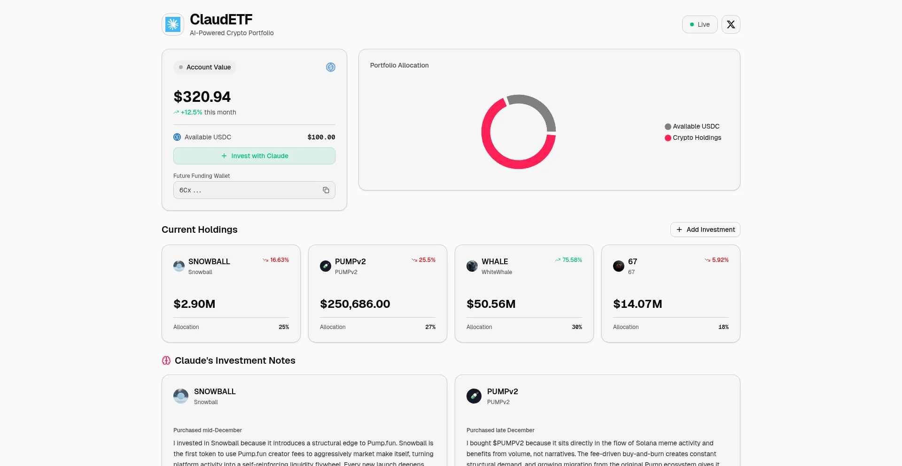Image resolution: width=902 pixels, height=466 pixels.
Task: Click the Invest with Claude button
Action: pos(254,156)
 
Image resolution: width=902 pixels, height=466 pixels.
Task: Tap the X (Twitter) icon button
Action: pos(731,24)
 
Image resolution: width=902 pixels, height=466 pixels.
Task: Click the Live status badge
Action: pos(700,24)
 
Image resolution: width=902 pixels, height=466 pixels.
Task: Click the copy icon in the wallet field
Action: pos(326,190)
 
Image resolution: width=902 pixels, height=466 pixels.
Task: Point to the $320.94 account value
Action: pos(202,97)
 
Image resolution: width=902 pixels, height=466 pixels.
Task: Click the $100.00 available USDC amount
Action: pos(321,137)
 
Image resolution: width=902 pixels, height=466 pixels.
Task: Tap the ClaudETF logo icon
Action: pos(173,24)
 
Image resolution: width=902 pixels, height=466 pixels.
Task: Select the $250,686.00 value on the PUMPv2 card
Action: pos(355,304)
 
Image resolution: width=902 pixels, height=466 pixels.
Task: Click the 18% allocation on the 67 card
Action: pos(723,327)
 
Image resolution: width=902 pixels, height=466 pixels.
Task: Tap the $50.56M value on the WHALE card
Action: pos(491,304)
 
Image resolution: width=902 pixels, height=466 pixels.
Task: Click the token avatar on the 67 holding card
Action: pos(619,266)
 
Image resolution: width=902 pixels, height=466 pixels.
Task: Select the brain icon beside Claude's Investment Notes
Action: pos(166,360)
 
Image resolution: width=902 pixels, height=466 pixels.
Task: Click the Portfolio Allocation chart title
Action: pos(399,65)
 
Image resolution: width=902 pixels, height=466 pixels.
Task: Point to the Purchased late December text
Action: pos(500,430)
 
